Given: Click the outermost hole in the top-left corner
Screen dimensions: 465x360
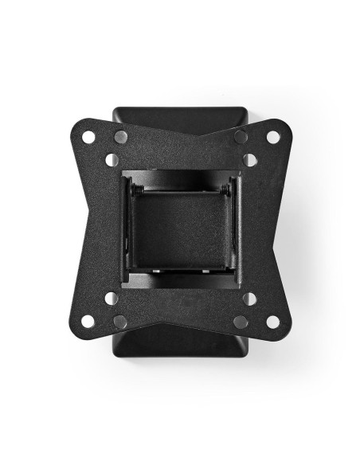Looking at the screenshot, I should point(88,137).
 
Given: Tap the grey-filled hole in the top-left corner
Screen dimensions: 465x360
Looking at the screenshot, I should point(120,137).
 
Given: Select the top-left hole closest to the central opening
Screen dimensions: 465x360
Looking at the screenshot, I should point(112,160).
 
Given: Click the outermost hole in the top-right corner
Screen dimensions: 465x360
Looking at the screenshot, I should point(272,137).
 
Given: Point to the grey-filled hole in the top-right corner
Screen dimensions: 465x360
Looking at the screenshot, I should point(241,137).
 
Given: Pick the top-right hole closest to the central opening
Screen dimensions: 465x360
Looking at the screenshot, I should point(249,160).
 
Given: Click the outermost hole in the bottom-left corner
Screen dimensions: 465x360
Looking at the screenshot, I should point(88,322).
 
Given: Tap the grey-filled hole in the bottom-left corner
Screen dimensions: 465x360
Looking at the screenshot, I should point(120,322).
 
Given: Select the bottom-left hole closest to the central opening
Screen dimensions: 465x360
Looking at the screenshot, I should point(112,299).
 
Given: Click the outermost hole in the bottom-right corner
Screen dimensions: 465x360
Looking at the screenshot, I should point(272,322).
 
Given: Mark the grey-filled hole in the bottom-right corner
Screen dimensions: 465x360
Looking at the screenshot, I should point(241,322).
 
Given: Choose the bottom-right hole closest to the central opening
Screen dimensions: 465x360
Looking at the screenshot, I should point(249,299).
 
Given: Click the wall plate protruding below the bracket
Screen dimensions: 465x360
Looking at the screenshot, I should point(180,344).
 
